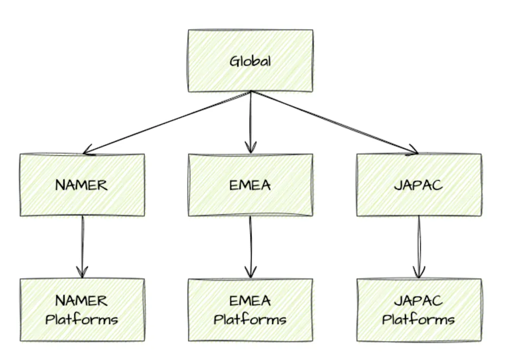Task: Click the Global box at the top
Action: pos(250,61)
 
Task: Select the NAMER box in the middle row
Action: pos(82,185)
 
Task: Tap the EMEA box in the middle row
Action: pos(250,185)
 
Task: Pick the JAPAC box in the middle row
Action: pos(419,185)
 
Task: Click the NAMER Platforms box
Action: pos(82,310)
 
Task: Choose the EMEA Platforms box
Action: pos(250,310)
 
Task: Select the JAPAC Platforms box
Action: pos(419,310)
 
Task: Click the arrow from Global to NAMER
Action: pos(167,122)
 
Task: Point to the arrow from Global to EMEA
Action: pos(250,122)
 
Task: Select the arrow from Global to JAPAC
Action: pos(335,122)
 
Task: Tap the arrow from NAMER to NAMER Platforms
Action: pos(82,246)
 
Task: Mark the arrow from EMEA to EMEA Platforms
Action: pos(250,246)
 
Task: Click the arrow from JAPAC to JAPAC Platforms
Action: pos(419,246)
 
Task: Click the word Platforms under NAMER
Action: pos(82,320)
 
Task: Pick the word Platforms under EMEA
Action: pos(250,320)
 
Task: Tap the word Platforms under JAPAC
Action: pos(419,320)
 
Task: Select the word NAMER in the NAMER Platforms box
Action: pos(82,301)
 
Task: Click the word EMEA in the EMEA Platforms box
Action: pos(250,301)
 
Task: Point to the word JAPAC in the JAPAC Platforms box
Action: pos(419,301)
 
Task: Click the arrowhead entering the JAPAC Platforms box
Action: pos(419,273)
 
